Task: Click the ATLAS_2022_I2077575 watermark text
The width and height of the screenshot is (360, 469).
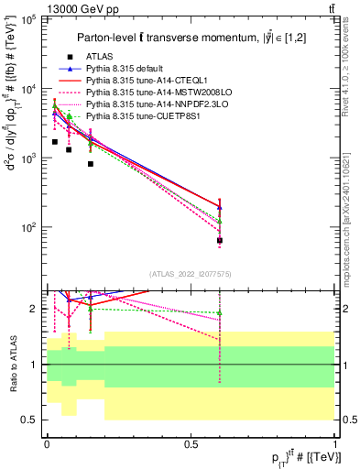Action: pos(190,273)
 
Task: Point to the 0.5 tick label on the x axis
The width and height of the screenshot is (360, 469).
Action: pos(191,442)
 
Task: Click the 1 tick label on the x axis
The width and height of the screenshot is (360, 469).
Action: pos(335,442)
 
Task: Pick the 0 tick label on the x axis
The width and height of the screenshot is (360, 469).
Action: pos(47,442)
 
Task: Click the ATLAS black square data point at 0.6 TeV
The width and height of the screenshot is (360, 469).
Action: pos(220,240)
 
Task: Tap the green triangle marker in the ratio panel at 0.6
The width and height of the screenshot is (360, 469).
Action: pos(220,313)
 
